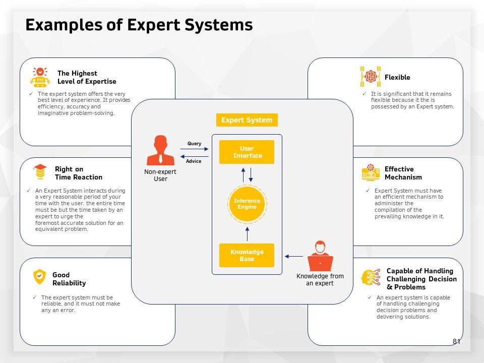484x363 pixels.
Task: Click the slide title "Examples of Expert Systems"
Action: [x=139, y=25]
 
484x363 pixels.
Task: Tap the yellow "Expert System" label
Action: [x=247, y=120]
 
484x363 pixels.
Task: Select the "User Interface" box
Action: [x=247, y=152]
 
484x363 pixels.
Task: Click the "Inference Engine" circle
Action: [x=247, y=204]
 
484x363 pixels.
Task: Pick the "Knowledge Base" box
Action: [x=247, y=255]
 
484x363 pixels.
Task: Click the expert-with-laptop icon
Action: [x=320, y=257]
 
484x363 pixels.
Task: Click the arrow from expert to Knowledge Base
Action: [x=294, y=257]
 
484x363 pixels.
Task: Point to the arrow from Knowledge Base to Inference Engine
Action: [x=247, y=233]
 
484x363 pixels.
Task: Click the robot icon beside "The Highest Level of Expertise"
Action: [x=40, y=77]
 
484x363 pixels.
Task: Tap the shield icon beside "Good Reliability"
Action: [x=39, y=276]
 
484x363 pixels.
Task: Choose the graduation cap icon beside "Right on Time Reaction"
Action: [x=40, y=172]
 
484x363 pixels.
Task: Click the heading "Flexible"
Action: [x=397, y=77]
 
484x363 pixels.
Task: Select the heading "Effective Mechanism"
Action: [x=403, y=173]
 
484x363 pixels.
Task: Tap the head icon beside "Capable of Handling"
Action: [x=371, y=278]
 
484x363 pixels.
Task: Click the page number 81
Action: [x=456, y=341]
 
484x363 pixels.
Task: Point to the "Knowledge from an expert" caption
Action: [x=320, y=280]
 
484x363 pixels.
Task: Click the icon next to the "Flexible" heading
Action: [x=371, y=77]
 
